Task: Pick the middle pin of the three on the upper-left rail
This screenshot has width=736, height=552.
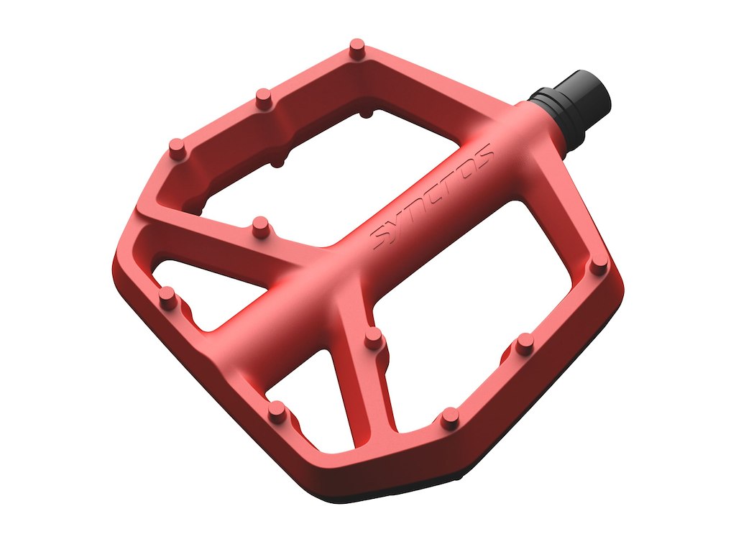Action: pyautogui.click(x=264, y=99)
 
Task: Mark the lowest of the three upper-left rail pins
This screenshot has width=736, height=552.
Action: pyautogui.click(x=177, y=149)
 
